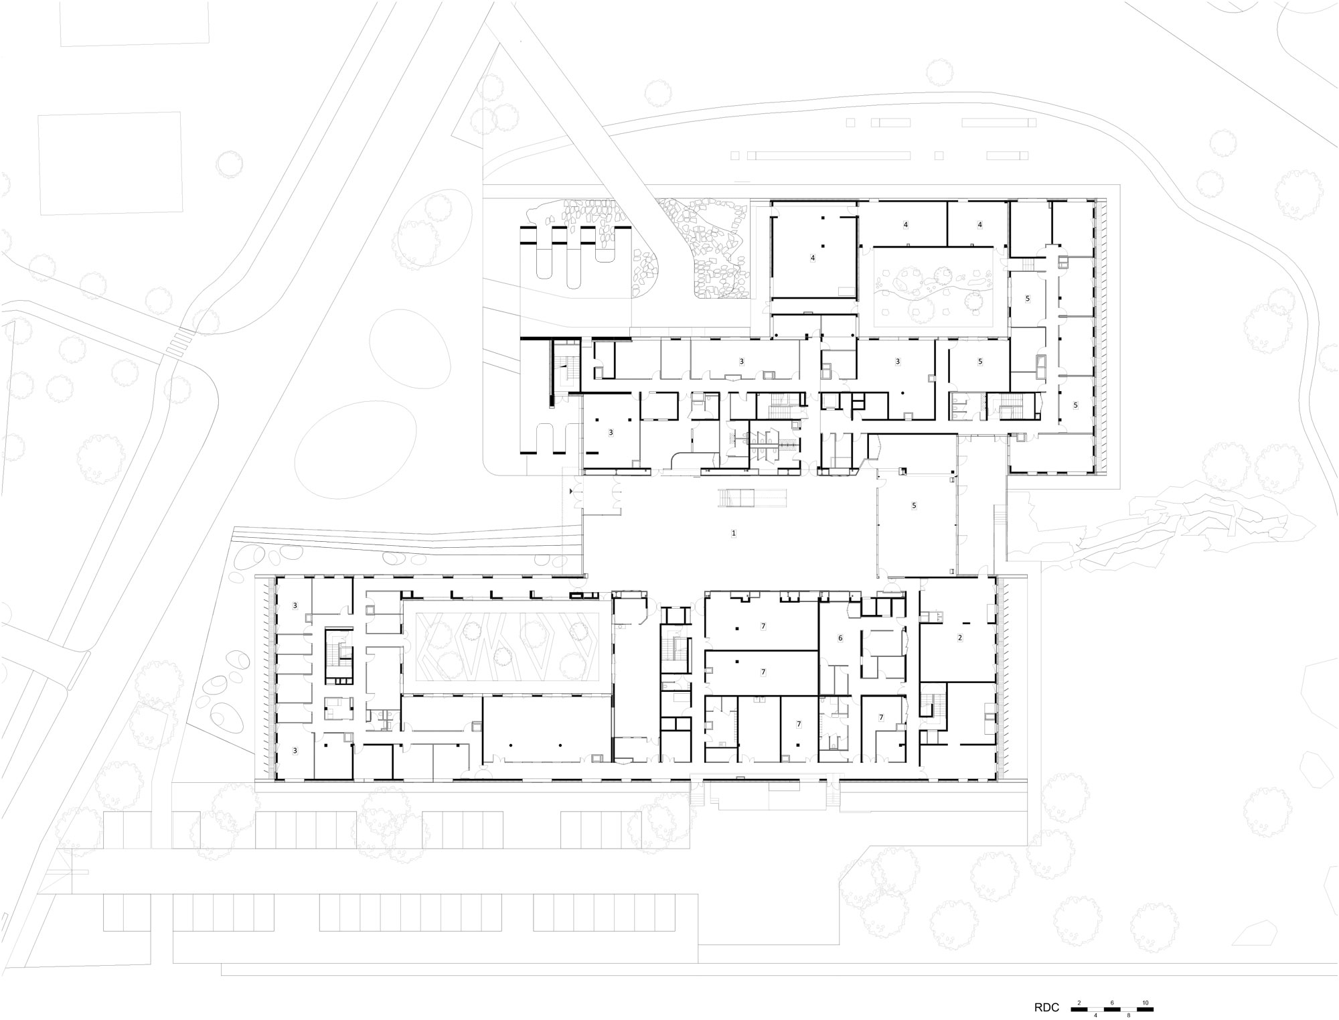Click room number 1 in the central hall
(734, 533)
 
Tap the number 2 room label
(959, 638)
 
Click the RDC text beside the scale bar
(1047, 1007)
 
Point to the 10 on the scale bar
(1146, 1003)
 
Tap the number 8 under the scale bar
(1128, 1015)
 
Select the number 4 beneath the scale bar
(1095, 1015)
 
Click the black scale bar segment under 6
(1111, 1009)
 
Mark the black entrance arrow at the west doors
(570, 492)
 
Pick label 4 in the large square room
(813, 257)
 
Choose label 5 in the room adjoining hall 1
(914, 506)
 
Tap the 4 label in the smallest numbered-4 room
(979, 225)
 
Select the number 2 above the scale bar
(1079, 1003)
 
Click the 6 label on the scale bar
(1112, 1003)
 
